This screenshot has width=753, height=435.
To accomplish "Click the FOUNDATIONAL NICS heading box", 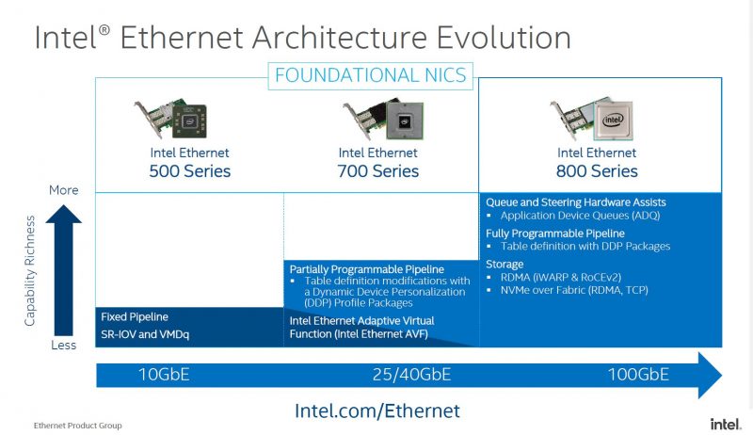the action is pyautogui.click(x=370, y=76).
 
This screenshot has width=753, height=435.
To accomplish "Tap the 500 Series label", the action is pyautogui.click(x=190, y=171).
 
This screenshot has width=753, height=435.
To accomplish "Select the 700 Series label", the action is pyautogui.click(x=378, y=171).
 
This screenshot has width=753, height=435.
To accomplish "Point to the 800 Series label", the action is pyautogui.click(x=597, y=171).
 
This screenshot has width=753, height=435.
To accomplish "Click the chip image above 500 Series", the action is pyautogui.click(x=190, y=121).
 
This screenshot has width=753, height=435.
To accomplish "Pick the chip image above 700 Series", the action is pyautogui.click(x=405, y=121).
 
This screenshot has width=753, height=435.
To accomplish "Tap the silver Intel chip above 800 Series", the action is pyautogui.click(x=614, y=120).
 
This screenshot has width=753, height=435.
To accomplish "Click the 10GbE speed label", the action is pyautogui.click(x=164, y=375).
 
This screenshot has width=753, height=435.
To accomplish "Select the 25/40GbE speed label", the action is pyautogui.click(x=411, y=375).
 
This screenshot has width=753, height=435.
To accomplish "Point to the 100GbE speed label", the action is pyautogui.click(x=638, y=375).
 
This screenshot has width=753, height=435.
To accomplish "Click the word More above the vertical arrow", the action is pyautogui.click(x=63, y=190).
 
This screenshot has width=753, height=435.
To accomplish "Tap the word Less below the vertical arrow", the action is pyautogui.click(x=63, y=346).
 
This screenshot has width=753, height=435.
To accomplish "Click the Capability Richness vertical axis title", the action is pyautogui.click(x=30, y=271).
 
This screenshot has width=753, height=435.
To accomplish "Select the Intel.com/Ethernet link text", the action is pyautogui.click(x=377, y=411).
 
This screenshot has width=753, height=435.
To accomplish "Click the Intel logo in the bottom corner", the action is pyautogui.click(x=726, y=425).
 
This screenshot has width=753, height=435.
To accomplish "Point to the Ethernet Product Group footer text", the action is pyautogui.click(x=78, y=426).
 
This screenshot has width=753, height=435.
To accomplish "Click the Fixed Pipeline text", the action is pyautogui.click(x=135, y=317).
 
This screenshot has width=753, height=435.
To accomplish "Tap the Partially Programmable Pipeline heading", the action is pyautogui.click(x=366, y=269).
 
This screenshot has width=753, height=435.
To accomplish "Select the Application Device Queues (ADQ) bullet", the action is pyautogui.click(x=580, y=216).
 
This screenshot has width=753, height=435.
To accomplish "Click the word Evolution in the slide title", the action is pyautogui.click(x=504, y=38).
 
